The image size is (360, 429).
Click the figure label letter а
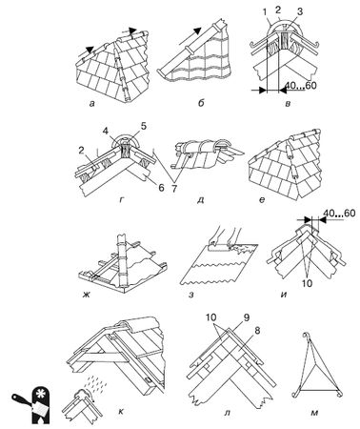click(92, 103)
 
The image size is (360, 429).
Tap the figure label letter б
click(201, 103)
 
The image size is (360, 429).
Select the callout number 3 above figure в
click(299, 12)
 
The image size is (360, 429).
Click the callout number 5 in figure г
click(144, 126)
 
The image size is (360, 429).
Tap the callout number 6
click(161, 188)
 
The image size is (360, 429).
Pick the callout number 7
click(173, 188)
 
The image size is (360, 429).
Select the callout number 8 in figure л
click(256, 331)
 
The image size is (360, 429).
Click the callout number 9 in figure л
click(246, 317)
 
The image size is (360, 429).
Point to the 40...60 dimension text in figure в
click(300, 86)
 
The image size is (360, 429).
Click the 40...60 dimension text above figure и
click(340, 214)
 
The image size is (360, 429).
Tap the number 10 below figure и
click(307, 283)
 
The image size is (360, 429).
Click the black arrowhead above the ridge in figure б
click(197, 31)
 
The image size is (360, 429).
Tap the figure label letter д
click(200, 200)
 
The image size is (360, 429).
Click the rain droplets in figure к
click(96, 382)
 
